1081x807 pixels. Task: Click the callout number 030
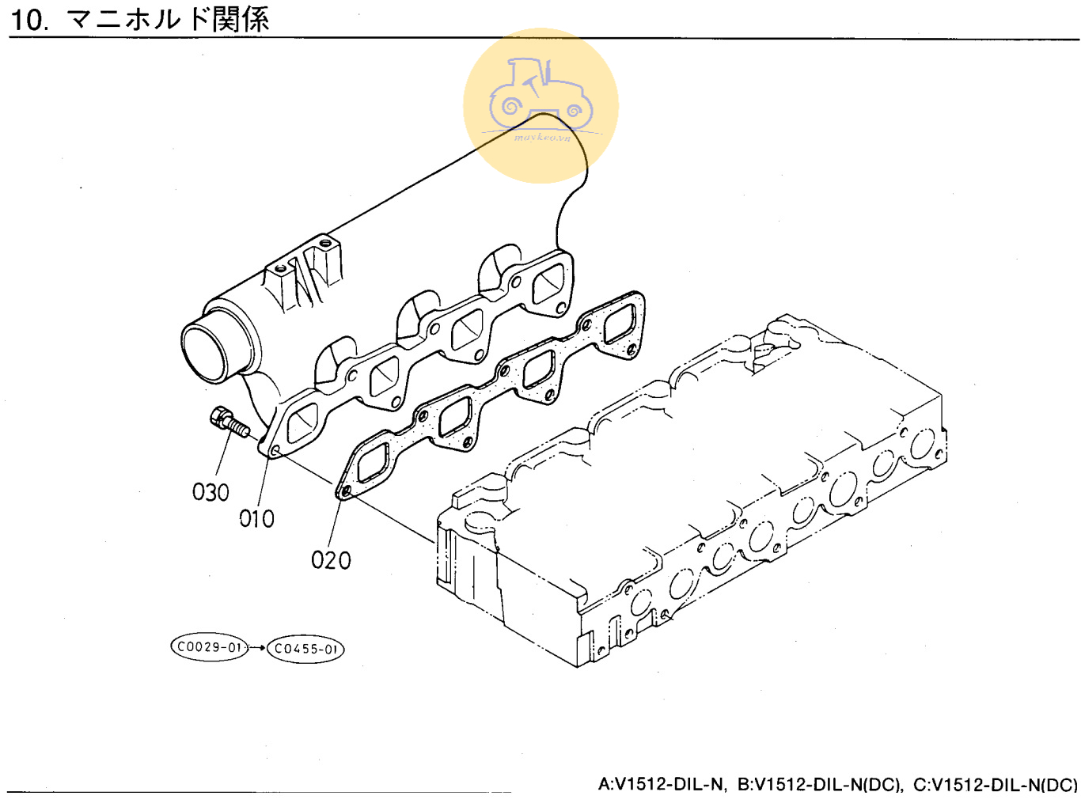(x=211, y=492)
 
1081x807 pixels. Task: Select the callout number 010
(x=257, y=519)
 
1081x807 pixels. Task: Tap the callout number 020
(x=331, y=560)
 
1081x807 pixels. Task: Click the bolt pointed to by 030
(x=229, y=421)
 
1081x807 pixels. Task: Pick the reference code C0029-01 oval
(x=210, y=647)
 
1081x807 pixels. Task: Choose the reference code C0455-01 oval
(x=305, y=649)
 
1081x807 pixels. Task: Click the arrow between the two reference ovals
(x=257, y=648)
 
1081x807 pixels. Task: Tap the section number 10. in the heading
(x=30, y=19)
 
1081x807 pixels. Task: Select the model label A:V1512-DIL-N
(x=661, y=785)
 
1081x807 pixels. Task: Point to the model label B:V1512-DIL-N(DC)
(x=820, y=785)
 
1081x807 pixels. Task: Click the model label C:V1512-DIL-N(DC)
(x=996, y=785)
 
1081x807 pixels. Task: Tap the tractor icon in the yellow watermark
(x=540, y=95)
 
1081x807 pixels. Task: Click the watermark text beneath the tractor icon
(x=542, y=138)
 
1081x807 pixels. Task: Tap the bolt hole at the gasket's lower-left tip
(x=345, y=492)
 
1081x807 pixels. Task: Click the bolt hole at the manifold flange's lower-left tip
(x=275, y=451)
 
